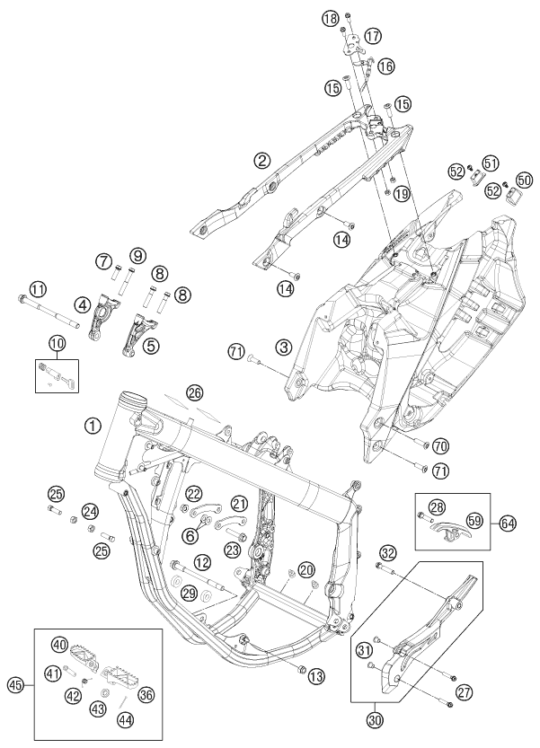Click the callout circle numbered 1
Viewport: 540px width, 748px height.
click(x=93, y=428)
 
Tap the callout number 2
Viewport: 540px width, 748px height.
click(x=237, y=161)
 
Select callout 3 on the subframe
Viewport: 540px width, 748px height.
click(x=283, y=347)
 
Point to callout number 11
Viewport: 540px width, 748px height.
click(x=37, y=289)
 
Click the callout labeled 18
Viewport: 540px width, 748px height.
click(x=331, y=20)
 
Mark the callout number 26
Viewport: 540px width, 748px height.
click(x=195, y=392)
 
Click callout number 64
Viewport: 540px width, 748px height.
click(x=509, y=522)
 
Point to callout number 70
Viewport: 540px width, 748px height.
click(x=440, y=445)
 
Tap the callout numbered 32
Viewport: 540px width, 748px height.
click(x=387, y=552)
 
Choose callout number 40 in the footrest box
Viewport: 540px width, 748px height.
click(x=60, y=644)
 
